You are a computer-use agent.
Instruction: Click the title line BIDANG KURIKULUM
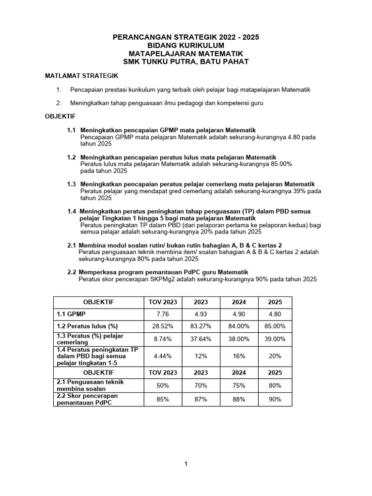(186, 45)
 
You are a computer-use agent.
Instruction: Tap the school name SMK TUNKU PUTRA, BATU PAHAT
(186, 62)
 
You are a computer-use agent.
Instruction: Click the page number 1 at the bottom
(186, 464)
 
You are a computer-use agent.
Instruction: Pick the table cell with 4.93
(201, 314)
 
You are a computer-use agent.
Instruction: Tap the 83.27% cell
(201, 326)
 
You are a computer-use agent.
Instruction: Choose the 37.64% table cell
(201, 340)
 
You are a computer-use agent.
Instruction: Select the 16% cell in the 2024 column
(239, 356)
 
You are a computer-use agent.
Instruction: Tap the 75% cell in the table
(239, 386)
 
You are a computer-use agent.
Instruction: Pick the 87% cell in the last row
(201, 400)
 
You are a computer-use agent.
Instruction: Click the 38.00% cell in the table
(239, 340)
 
